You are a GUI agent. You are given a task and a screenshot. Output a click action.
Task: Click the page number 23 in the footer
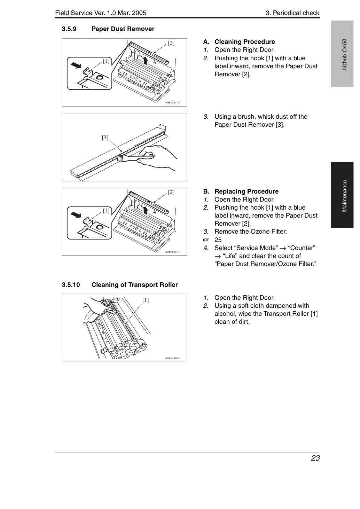tap(315, 458)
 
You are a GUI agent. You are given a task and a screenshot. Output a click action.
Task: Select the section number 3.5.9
tap(69, 29)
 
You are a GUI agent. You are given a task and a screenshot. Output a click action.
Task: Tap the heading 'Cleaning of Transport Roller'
tap(134, 285)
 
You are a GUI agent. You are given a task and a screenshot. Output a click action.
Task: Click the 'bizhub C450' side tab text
tap(345, 55)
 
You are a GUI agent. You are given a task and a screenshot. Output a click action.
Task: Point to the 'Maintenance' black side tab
tap(342, 195)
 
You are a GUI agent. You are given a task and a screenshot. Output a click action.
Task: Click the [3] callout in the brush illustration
tap(105, 138)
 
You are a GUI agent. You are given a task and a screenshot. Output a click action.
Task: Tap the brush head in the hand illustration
tap(120, 157)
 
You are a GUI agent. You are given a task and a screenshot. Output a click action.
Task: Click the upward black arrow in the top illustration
tap(145, 61)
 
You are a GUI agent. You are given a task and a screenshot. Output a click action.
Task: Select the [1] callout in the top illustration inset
tap(106, 61)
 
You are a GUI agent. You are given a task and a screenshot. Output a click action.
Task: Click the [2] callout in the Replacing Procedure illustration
tap(171, 192)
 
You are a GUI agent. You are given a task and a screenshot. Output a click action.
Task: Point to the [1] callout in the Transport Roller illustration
tap(146, 300)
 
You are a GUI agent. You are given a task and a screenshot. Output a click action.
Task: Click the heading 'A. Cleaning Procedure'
tap(239, 42)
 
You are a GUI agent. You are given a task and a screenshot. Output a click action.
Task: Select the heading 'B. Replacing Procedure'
tap(241, 191)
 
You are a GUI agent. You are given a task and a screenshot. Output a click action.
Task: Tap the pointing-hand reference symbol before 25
tap(206, 240)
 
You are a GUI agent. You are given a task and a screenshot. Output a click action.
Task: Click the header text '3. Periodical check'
tap(292, 13)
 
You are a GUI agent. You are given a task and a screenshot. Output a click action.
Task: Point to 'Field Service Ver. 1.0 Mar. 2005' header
tap(101, 13)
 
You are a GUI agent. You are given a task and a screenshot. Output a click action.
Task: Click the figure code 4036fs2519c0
tap(172, 358)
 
